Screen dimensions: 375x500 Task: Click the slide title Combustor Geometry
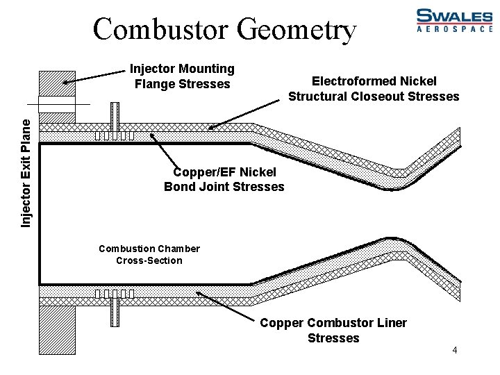click(x=224, y=30)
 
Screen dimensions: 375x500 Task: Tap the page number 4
click(x=454, y=350)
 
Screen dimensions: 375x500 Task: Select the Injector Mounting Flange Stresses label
click(x=182, y=76)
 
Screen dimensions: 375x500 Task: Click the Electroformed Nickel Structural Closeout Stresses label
click(x=374, y=89)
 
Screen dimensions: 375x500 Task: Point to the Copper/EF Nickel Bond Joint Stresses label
click(x=224, y=179)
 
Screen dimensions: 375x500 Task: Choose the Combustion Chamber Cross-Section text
click(x=149, y=254)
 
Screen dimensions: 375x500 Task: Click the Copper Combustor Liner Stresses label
click(x=333, y=331)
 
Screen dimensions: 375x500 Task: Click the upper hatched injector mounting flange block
click(x=57, y=83)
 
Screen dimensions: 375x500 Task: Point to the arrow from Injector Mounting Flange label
click(x=97, y=77)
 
